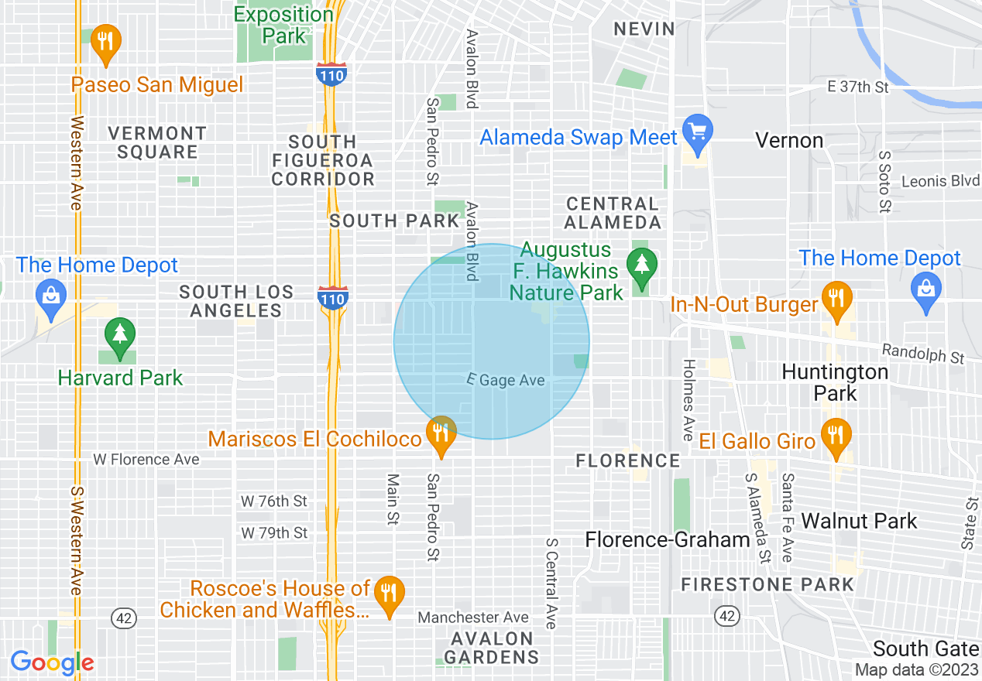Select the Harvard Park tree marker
coord(119,337)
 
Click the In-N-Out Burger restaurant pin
coord(835,300)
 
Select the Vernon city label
coord(789,140)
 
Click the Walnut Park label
coord(859,521)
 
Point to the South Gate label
coord(925,648)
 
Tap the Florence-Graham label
coord(668,539)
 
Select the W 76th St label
coord(274,501)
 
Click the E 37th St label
coord(858,87)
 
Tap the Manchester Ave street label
coord(473,617)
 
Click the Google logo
coord(52,662)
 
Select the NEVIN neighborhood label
coord(644,29)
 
